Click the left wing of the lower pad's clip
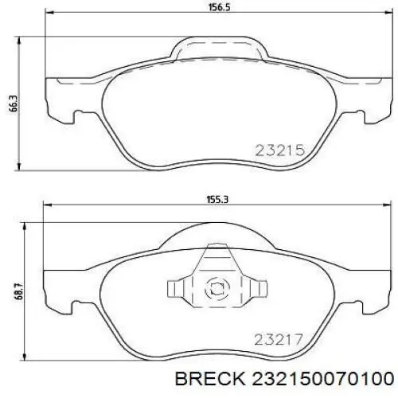pyautogui.click(x=177, y=289)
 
